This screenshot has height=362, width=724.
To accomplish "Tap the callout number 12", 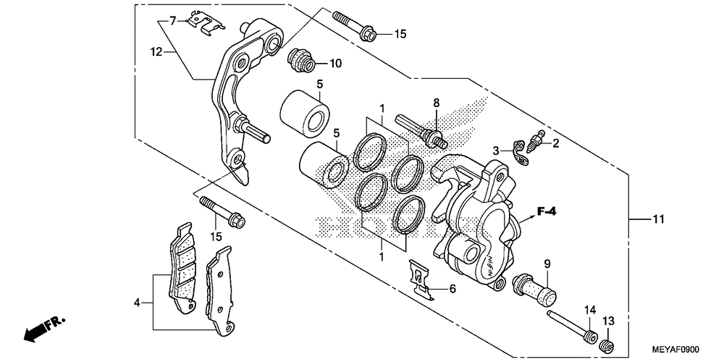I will click(156, 51).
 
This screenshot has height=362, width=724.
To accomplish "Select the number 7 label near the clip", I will click(172, 20).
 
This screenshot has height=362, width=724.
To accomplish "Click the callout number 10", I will click(334, 64).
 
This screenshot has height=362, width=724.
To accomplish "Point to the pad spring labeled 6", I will click(420, 279).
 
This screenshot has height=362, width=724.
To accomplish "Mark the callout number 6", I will click(452, 289).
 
